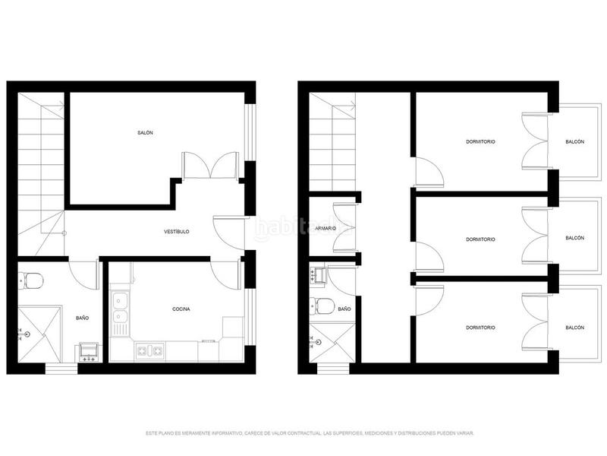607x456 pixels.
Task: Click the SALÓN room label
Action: [146, 133]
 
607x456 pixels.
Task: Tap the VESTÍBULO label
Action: [177, 231]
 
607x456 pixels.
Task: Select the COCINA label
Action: [181, 309]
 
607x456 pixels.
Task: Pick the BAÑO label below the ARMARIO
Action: [344, 309]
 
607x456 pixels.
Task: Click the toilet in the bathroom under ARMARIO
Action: [323, 307]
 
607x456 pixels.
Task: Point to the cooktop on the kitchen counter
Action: [148, 351]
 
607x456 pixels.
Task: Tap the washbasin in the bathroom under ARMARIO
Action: [317, 274]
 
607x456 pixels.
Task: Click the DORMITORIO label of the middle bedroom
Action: [480, 239]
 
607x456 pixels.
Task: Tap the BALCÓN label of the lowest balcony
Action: [575, 328]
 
